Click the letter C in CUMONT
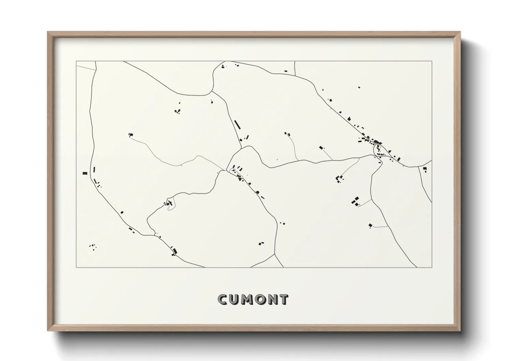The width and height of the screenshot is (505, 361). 223,300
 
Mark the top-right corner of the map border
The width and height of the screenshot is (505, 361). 432,61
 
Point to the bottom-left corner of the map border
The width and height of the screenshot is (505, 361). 76,268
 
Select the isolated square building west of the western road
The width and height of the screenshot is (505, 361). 85,173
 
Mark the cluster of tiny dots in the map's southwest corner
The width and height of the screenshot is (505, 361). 92,246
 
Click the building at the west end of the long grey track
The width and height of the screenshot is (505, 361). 130,135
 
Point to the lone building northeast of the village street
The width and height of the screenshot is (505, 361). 358,87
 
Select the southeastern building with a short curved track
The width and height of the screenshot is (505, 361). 370,225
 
